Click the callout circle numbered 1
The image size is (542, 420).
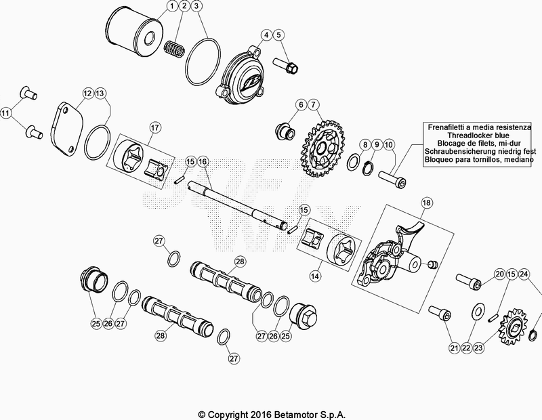[171, 7]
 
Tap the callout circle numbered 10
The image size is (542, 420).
[388, 144]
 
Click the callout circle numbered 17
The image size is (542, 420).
[154, 127]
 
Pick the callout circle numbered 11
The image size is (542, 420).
[7, 112]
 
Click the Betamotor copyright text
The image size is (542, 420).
[270, 413]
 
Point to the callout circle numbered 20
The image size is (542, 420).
[499, 274]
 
